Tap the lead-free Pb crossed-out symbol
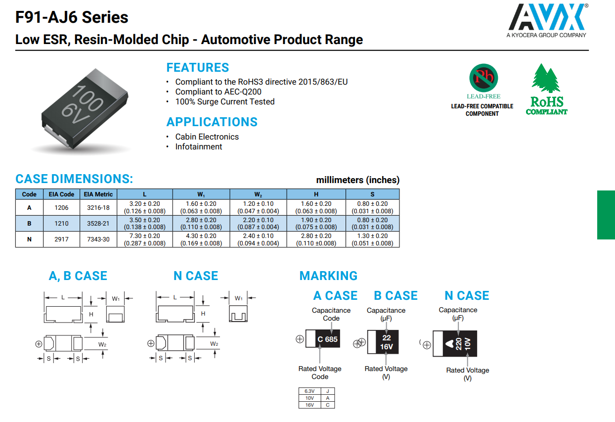(x=483, y=78)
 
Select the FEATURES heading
(x=197, y=68)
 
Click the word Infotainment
(x=198, y=146)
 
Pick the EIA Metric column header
(x=98, y=194)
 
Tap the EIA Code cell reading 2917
(x=61, y=239)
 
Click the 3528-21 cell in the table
(x=98, y=224)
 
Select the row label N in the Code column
(x=29, y=239)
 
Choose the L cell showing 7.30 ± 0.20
(x=144, y=236)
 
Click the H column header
(x=316, y=194)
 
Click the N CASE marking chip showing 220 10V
(x=455, y=344)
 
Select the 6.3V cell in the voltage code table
(x=309, y=391)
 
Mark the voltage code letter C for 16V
(x=327, y=405)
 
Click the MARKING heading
(x=328, y=276)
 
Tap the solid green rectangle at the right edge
(x=606, y=215)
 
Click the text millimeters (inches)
(x=357, y=180)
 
